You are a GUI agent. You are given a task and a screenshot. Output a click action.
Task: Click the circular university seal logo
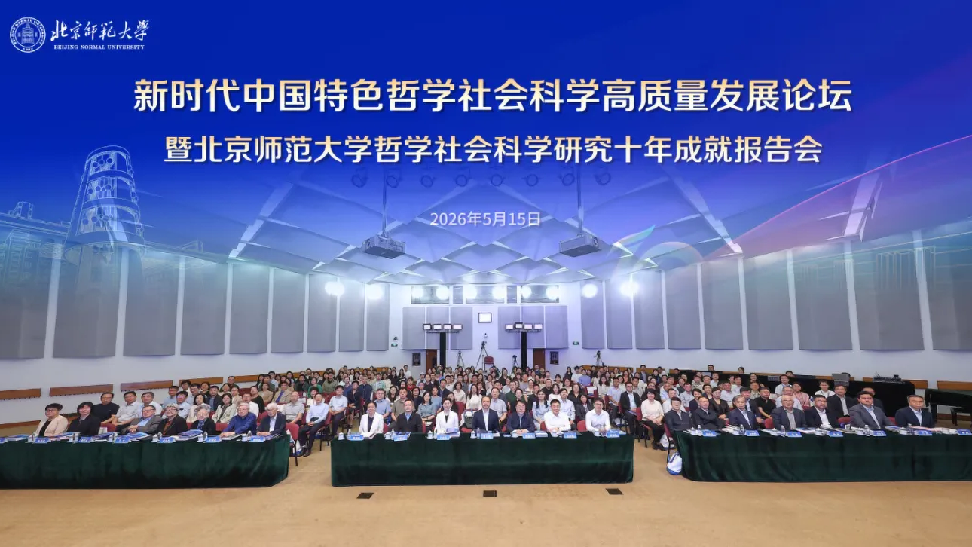pos(28,35)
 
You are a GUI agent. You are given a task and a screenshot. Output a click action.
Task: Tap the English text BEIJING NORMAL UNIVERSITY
pos(99,47)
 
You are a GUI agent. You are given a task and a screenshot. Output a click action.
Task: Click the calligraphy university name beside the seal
pos(99,30)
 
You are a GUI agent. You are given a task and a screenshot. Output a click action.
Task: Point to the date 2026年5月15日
pos(485,219)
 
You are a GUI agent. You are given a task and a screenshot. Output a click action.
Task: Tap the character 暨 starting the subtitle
pos(178,150)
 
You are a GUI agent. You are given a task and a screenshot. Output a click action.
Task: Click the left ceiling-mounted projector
pos(384,246)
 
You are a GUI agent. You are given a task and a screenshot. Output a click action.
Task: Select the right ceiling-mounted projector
pos(579,245)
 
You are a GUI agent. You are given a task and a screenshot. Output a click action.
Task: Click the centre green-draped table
pos(481,459)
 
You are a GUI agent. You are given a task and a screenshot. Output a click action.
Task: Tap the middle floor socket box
pos(490,494)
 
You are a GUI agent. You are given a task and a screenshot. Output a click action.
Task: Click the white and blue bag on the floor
pos(674,462)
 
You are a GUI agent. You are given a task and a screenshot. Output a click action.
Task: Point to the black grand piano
pos(948,405)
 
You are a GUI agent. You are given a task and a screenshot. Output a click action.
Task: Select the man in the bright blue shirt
pos(240,418)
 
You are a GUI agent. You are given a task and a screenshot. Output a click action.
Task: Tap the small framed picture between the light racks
pos(484,318)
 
